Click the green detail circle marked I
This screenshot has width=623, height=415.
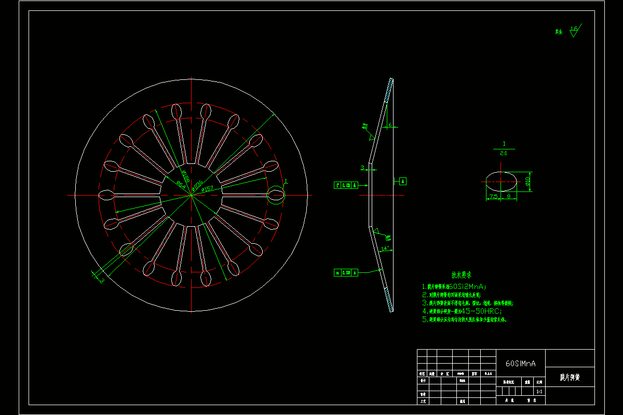click(x=276, y=195)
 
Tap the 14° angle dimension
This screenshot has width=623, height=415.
click(x=385, y=248)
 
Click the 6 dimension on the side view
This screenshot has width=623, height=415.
click(x=390, y=125)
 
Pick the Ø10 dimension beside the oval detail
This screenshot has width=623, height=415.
click(x=527, y=181)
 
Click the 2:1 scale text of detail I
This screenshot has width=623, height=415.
click(x=504, y=154)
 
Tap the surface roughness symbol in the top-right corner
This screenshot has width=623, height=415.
click(x=574, y=30)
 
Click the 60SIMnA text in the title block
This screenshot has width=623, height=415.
click(x=520, y=364)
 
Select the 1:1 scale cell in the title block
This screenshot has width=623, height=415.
click(x=538, y=392)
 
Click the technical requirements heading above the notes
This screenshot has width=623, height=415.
click(x=464, y=275)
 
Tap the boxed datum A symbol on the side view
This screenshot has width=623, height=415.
click(x=403, y=181)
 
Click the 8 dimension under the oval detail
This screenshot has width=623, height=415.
click(x=508, y=197)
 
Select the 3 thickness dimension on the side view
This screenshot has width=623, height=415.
click(x=362, y=167)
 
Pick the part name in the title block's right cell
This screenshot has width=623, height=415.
click(x=570, y=377)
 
